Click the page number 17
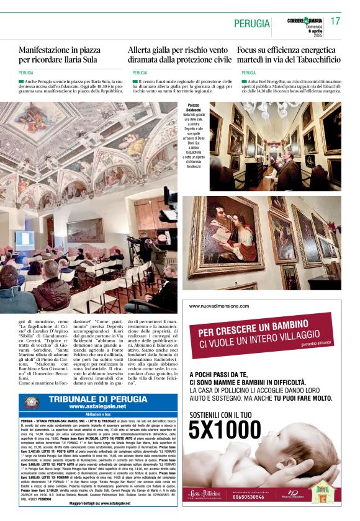tap(335, 21)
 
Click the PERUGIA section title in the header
tap(252, 24)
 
